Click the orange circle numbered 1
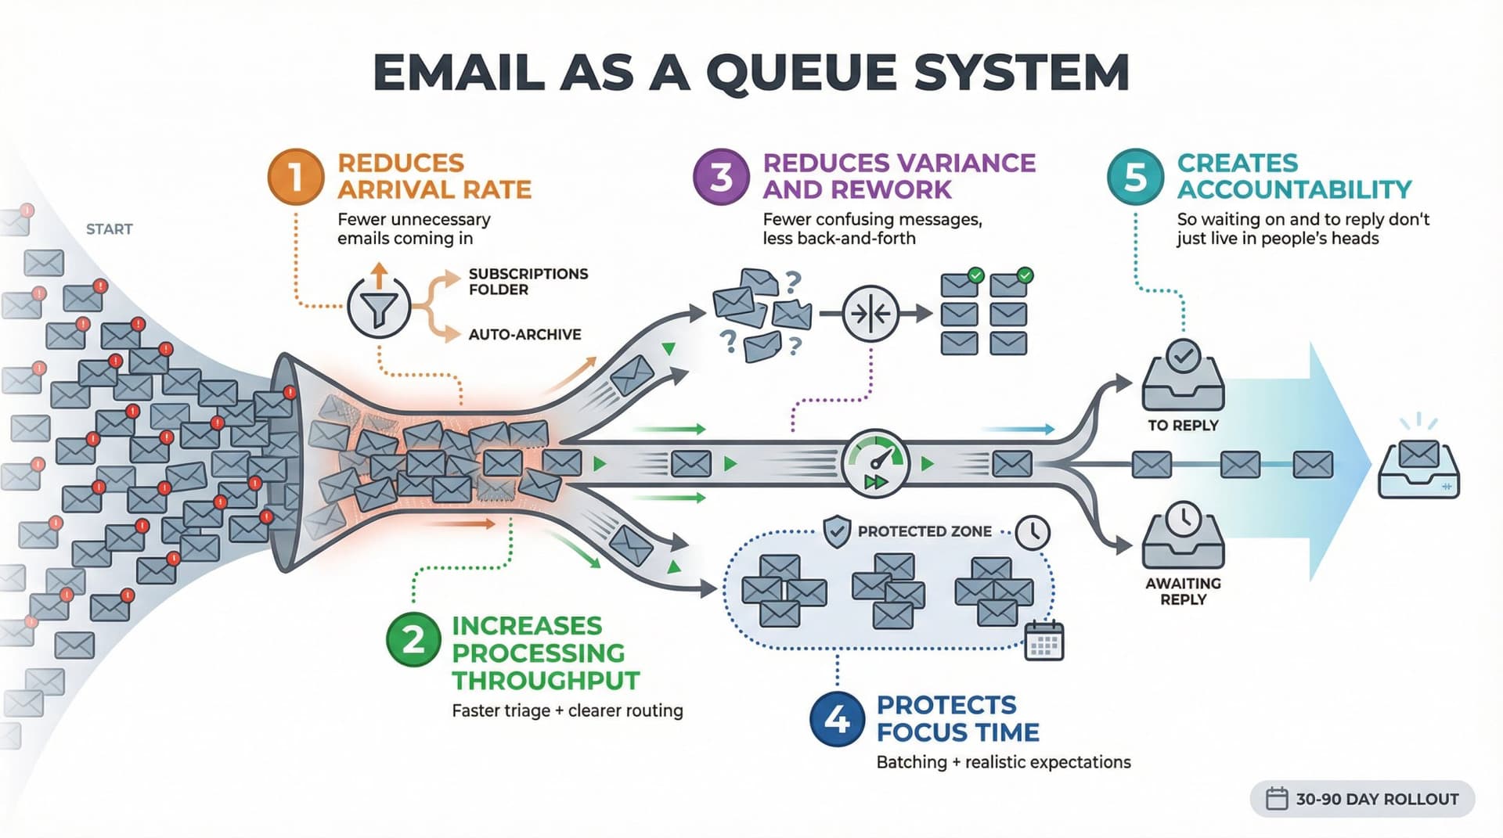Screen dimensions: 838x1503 295,177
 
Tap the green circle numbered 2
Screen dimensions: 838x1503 413,639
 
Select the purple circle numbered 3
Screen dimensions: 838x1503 721,177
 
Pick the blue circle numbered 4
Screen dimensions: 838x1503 837,718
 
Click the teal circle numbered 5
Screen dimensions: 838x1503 1135,177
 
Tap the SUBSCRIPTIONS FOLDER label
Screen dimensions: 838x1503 528,282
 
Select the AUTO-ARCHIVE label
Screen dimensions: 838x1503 524,335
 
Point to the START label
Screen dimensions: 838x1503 109,229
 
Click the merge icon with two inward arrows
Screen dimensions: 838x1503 870,315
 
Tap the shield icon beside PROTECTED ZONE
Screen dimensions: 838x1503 837,532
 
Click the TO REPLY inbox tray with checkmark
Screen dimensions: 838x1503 1183,377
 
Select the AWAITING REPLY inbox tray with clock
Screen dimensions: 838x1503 1183,536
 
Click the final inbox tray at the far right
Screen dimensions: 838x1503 1418,469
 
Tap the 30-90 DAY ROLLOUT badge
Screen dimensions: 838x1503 1362,799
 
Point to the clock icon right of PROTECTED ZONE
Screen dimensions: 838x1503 1033,532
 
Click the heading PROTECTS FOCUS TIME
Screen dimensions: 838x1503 957,718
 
